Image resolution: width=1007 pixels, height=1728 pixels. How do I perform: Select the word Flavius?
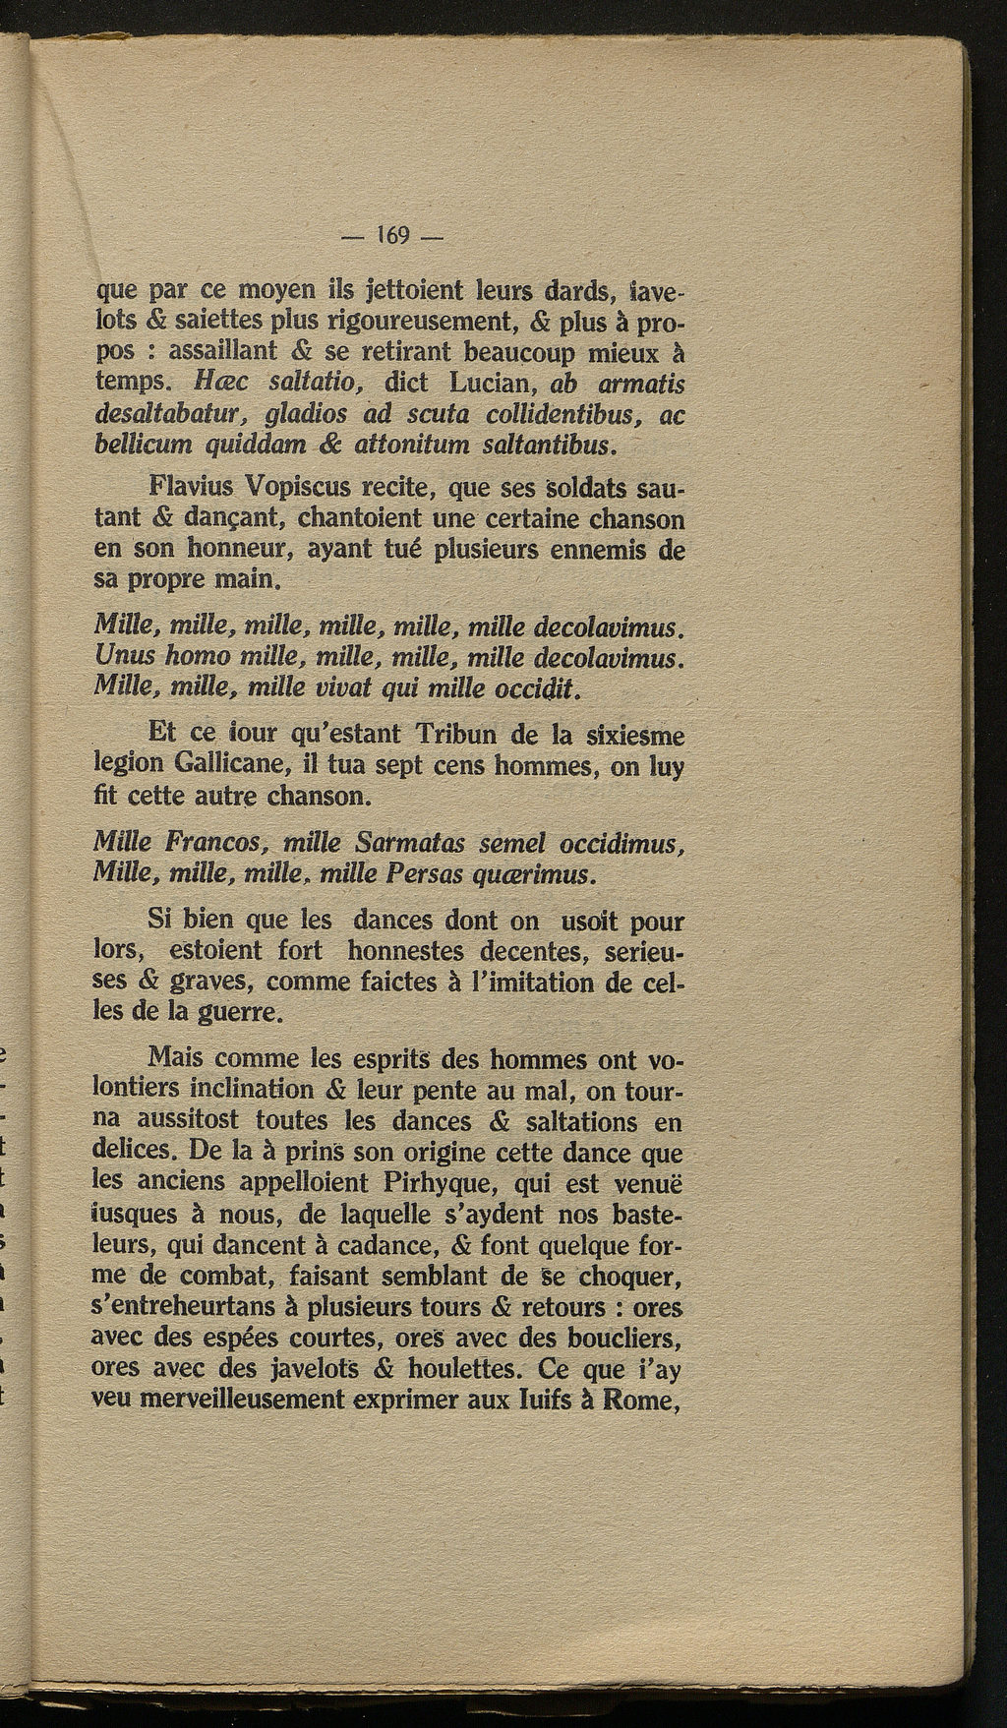[x=193, y=487]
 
